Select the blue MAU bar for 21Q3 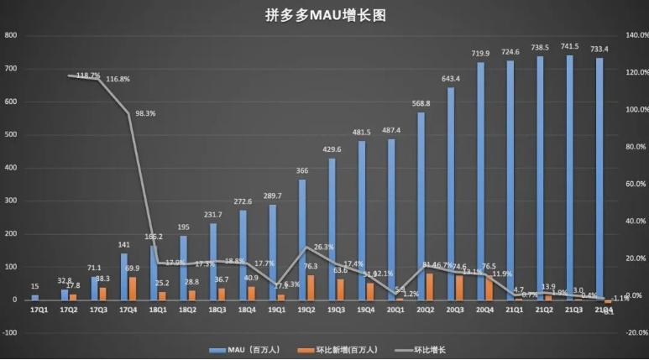tap(571, 176)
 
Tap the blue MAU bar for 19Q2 tap(301, 239)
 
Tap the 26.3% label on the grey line tap(322, 248)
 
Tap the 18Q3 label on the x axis tap(216, 310)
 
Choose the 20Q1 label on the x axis tap(395, 310)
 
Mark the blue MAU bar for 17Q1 tap(35, 297)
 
